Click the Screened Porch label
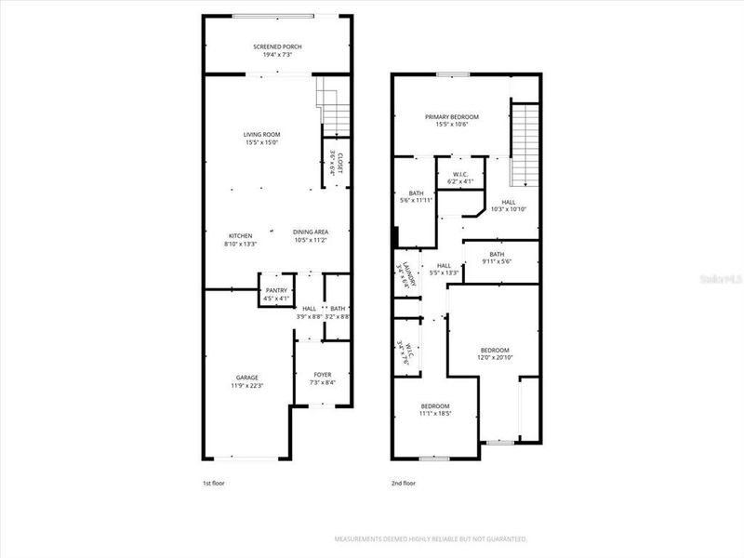point(277,46)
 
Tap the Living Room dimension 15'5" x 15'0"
point(261,143)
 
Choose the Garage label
point(247,376)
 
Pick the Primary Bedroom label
point(452,117)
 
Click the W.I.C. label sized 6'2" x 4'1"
point(460,174)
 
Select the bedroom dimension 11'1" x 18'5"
point(435,414)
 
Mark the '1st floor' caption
point(214,484)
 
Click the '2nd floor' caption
point(404,484)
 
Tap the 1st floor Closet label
point(337,164)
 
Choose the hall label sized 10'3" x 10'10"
point(509,206)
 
